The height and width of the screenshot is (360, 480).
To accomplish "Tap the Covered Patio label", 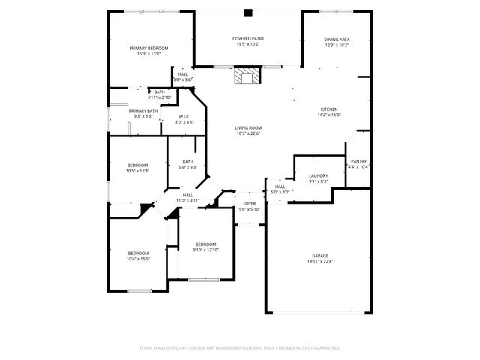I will [247, 39].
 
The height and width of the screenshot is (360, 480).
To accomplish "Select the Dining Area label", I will [337, 40].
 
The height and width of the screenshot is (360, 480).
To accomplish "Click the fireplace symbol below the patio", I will [247, 76].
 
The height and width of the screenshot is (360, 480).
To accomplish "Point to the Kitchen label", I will [329, 109].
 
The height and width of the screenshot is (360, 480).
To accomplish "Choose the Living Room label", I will [247, 128].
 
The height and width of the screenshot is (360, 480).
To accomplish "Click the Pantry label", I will [359, 161].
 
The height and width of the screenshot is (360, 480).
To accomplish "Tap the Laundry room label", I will [319, 176].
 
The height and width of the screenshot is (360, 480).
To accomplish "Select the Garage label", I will [320, 256].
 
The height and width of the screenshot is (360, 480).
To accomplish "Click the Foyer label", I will [250, 204].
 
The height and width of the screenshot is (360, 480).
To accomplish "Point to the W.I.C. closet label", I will [184, 116].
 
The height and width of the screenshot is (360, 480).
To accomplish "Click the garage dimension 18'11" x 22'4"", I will [320, 262].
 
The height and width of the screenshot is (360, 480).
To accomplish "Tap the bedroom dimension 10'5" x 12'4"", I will [137, 171].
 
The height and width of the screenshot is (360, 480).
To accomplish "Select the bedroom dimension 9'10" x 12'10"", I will [205, 250].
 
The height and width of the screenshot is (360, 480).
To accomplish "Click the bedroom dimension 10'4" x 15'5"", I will [138, 259].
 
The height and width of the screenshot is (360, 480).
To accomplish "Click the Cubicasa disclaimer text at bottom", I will [240, 347].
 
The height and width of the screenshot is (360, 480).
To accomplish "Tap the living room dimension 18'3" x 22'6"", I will [247, 134].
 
